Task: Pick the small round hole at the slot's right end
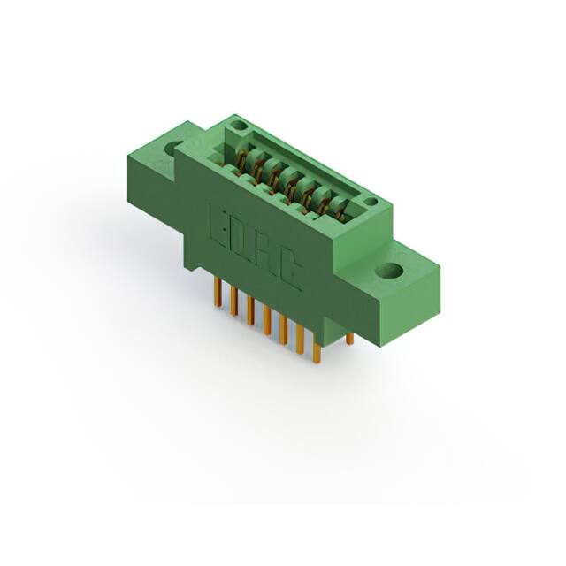pos(371,202)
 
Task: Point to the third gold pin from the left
pos(250,310)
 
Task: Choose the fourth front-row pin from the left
pos(267,320)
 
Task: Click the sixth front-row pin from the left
pos(300,340)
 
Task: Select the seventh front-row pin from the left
pos(317,350)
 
